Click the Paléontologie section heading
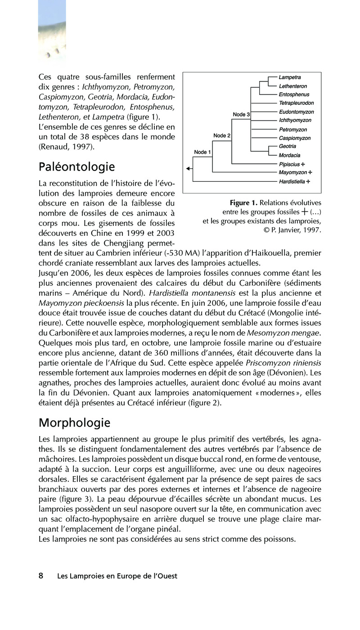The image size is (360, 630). coord(76,167)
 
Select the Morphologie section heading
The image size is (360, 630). coord(74,423)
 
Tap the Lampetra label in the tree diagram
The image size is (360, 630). coord(290,78)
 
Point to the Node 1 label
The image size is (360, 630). coord(202,152)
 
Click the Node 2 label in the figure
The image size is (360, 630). coord(222,135)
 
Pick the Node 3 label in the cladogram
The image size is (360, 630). coord(242,115)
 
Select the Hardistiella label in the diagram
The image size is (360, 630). coord(292,181)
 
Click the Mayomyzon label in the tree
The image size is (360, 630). coord(292,172)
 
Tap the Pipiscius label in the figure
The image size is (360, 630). coord(289,164)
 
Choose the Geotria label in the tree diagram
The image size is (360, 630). coord(288,147)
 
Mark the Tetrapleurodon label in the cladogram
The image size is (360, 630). coord(297,103)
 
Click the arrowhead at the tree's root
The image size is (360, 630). coord(189,169)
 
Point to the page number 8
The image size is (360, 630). coord(41,576)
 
